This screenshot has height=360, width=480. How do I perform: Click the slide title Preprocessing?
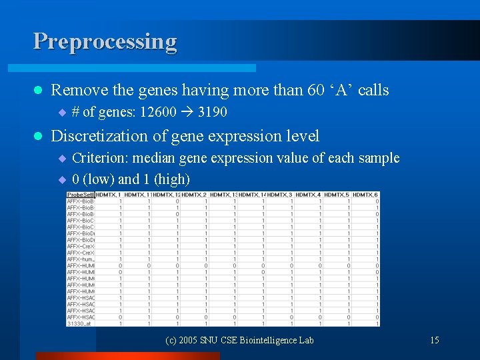tap(105, 41)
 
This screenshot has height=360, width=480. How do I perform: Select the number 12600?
tap(158, 112)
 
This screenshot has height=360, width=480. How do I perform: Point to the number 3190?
tap(212, 112)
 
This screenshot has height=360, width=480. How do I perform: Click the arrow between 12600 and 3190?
tap(187, 112)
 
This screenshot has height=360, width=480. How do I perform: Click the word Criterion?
tap(99, 158)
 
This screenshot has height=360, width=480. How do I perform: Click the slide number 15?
tap(434, 340)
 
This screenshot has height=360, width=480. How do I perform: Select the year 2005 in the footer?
tap(190, 340)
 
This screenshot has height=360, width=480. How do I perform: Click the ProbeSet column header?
tap(80, 195)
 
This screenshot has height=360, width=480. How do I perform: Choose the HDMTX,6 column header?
tap(366, 195)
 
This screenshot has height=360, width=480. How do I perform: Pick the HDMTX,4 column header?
tap(309, 195)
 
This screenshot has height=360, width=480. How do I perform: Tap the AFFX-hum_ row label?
tap(79, 259)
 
